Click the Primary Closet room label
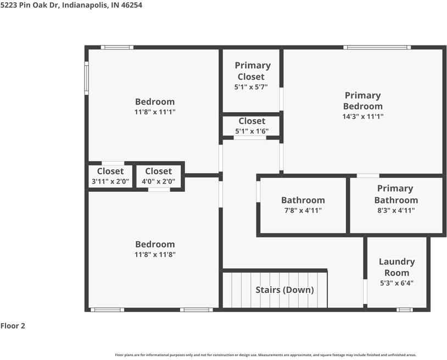pos(252,71)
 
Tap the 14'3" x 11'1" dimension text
pos(362,117)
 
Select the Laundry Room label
pos(396,267)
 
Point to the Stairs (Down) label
pos(284,290)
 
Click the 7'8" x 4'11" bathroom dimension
pos(303,211)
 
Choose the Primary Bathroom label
pos(396,194)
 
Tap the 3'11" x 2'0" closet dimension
pos(110,181)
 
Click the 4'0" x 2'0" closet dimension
pos(158,181)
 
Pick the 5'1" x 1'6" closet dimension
pos(252,131)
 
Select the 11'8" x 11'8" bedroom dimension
pos(155,254)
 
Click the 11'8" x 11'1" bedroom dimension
pos(155,112)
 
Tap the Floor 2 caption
pos(13,326)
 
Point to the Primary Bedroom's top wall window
pos(377,47)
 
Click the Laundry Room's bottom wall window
pos(405,310)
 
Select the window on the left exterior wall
pos(86,78)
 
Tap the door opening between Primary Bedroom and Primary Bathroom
pos(368,175)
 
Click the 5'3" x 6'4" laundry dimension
pos(396,283)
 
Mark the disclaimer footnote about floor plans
pos(266,355)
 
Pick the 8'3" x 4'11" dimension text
pos(396,211)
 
